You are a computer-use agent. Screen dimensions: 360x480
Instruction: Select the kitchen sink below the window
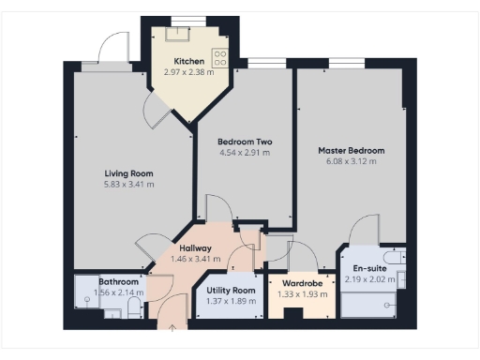[x=175, y=35]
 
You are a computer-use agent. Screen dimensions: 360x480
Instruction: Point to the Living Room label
[x=128, y=172]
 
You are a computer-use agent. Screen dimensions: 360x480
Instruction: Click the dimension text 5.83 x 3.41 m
[x=128, y=184]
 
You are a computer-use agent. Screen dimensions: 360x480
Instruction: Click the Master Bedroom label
[x=351, y=150]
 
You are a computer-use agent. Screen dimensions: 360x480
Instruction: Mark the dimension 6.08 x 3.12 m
[x=351, y=161]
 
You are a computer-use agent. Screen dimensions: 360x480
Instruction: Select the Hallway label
[x=196, y=247]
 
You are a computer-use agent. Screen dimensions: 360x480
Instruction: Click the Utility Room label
[x=231, y=291]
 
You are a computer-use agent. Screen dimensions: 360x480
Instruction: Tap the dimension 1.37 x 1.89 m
[x=231, y=302]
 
